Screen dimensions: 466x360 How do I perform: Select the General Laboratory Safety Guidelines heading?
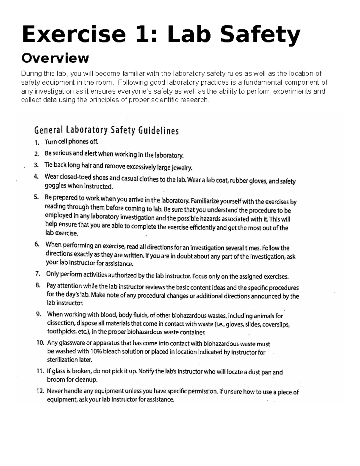pos(106,131)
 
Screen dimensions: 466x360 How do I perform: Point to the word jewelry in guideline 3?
pos(181,167)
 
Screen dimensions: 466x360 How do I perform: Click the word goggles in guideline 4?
pos(55,186)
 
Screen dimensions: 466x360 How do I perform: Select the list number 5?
pos(37,197)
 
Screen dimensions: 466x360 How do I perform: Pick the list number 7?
pos(37,273)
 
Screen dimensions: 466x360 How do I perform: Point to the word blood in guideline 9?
pos(109,315)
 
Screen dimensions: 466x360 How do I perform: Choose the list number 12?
pos(40,391)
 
